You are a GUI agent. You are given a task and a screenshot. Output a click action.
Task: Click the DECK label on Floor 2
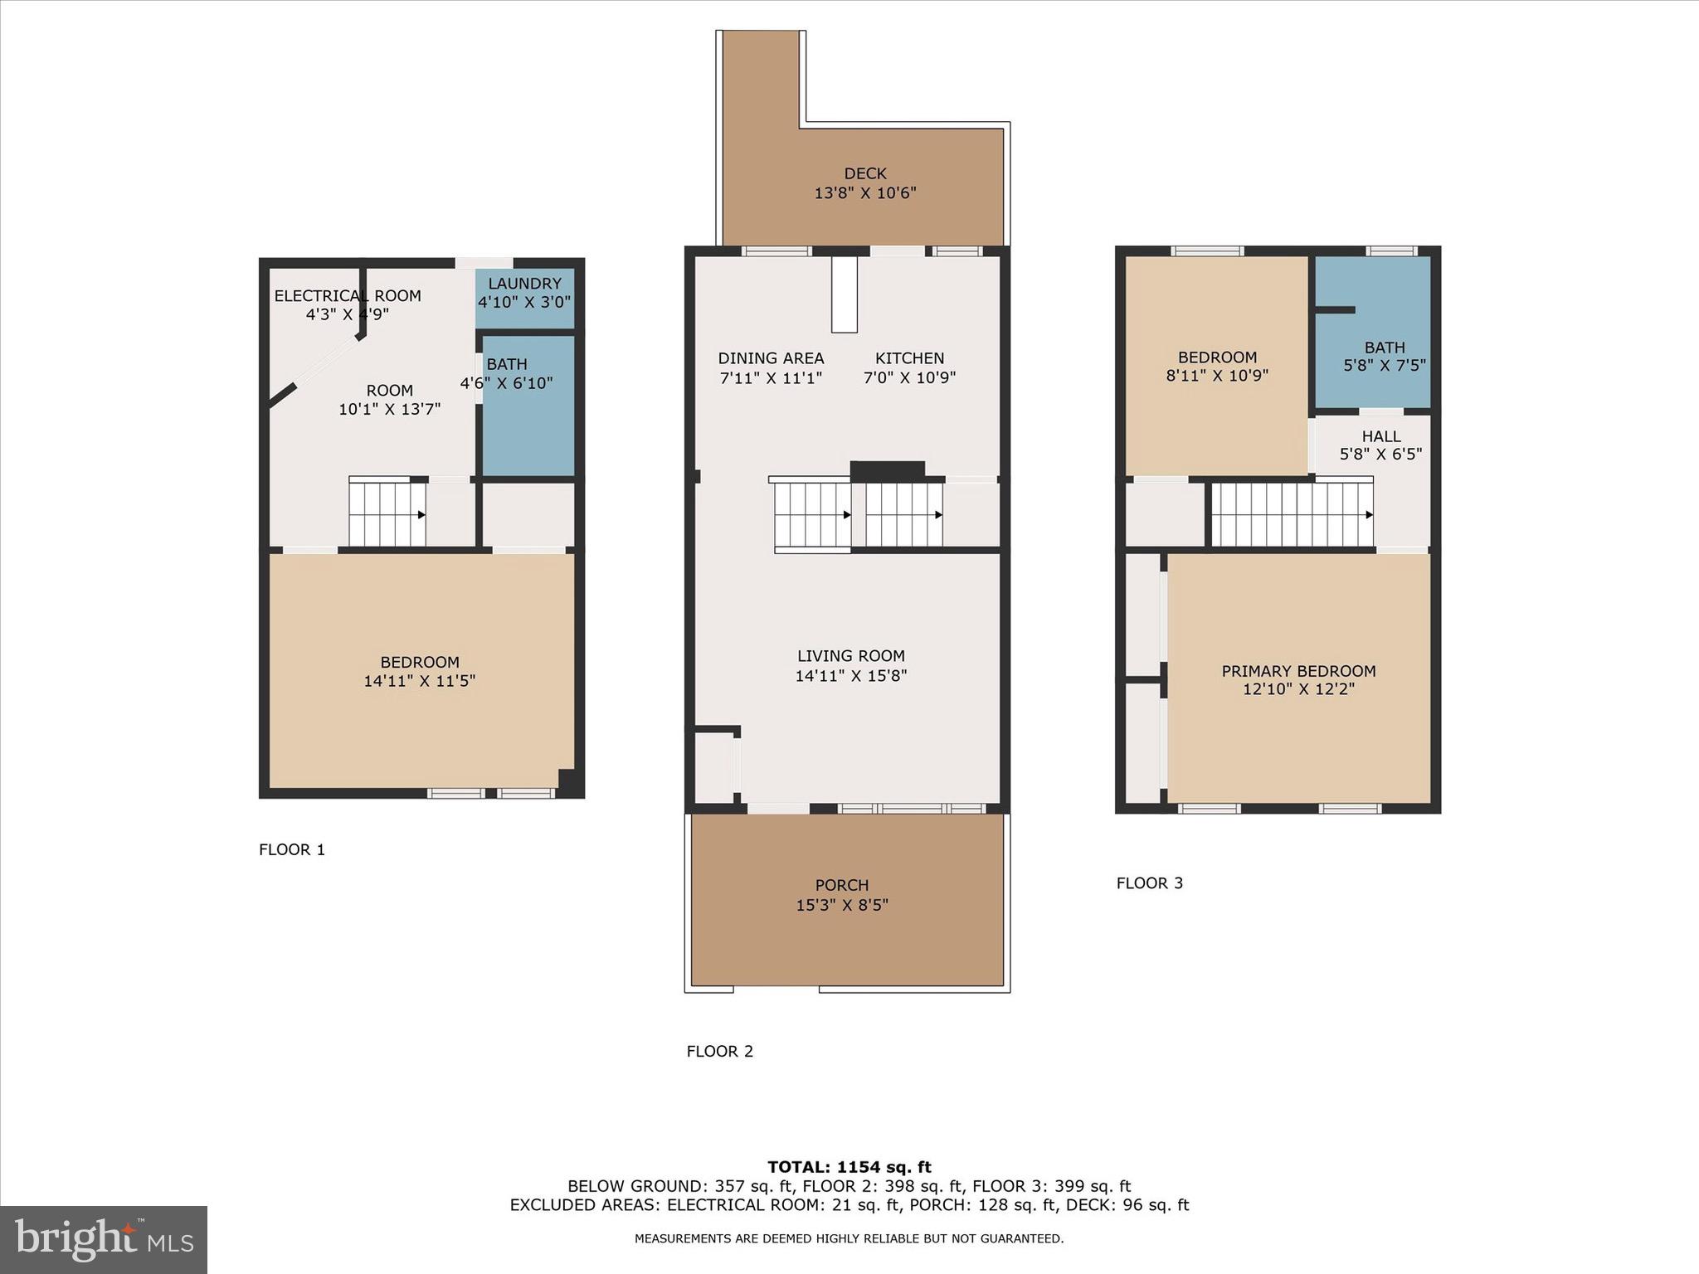[x=865, y=173]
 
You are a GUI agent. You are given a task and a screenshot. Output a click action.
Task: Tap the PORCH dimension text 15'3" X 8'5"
[x=842, y=905]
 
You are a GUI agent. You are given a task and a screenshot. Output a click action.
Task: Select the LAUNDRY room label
[x=524, y=284]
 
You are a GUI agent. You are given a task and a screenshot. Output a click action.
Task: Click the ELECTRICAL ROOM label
[x=348, y=296]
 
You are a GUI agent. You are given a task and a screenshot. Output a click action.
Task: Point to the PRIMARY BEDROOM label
[x=1298, y=671]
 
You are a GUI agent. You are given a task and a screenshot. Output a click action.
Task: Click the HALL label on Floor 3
[x=1381, y=436]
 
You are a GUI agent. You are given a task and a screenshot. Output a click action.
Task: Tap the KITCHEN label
[x=909, y=358]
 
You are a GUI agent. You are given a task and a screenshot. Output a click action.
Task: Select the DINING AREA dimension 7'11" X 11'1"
[x=771, y=377]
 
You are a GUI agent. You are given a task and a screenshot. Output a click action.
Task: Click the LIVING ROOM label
[x=850, y=656]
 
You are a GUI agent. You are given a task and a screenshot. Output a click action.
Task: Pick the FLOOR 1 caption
[x=292, y=849]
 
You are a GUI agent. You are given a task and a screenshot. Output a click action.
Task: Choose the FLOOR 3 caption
[x=1149, y=883]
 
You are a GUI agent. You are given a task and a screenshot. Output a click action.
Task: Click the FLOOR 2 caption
[x=719, y=1052]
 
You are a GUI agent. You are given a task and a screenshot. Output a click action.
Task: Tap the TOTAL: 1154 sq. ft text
[x=849, y=1167]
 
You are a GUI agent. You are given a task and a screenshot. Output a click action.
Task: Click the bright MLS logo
[x=104, y=1240]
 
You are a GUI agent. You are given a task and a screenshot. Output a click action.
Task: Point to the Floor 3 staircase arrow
[x=1368, y=515]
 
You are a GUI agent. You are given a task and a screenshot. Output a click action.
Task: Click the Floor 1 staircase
[x=387, y=514]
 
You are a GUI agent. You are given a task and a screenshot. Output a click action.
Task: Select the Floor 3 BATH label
[x=1385, y=348]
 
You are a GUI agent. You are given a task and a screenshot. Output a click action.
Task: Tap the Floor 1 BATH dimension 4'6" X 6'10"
[x=506, y=383]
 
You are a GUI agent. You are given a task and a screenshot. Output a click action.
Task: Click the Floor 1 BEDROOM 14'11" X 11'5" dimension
[x=419, y=681]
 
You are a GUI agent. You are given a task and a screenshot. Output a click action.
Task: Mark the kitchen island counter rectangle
[x=844, y=294]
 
